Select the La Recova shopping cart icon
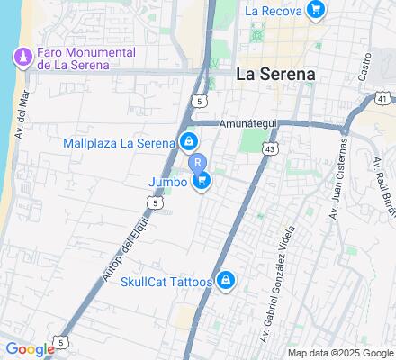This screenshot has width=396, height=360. coord(315,11)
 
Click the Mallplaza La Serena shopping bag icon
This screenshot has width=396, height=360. coord(189,142)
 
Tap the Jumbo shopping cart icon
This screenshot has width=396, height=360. coord(202,182)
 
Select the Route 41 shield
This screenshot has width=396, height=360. coord(382,98)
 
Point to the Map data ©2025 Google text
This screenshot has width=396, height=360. coord(341,353)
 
